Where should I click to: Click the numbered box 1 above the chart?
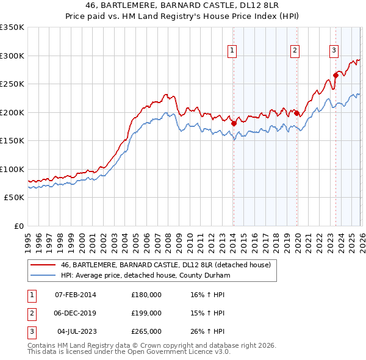pos(232,51)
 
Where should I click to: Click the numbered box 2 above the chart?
pos(295,51)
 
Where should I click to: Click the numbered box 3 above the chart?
pos(334,51)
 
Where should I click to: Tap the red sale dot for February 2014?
pos(234,123)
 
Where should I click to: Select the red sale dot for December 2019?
pos(297,113)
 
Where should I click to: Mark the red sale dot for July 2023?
pos(335,76)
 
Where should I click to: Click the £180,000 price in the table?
pos(146,295)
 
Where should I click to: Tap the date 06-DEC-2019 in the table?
pos(75,313)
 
